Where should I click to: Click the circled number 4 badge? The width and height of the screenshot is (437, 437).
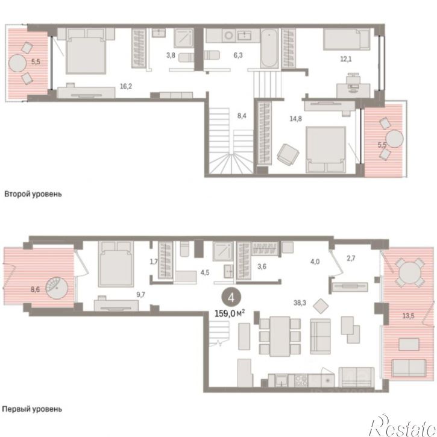[231, 298]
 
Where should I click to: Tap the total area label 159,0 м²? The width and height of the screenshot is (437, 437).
[230, 313]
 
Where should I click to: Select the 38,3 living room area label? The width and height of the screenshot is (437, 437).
[300, 303]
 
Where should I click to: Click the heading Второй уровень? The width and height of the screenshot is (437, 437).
[33, 194]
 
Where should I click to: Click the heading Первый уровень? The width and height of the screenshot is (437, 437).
[32, 409]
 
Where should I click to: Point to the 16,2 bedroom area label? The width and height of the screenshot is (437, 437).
[126, 86]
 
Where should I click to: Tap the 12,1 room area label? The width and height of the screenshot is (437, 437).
[346, 59]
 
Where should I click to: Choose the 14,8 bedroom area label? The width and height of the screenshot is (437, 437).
[295, 119]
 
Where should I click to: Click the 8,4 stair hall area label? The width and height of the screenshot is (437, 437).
[242, 116]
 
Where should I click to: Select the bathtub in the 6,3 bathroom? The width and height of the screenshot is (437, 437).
[269, 48]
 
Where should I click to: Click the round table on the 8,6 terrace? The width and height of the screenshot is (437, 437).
[57, 288]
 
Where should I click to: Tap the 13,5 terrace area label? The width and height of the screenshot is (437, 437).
[408, 316]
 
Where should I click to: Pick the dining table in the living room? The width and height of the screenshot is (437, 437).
[280, 336]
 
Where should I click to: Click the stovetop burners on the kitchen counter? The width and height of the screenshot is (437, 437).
[301, 381]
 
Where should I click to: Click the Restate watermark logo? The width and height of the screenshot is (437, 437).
[403, 426]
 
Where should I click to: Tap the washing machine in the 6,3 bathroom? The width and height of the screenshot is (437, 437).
[229, 36]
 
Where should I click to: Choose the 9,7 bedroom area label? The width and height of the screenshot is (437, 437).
[140, 295]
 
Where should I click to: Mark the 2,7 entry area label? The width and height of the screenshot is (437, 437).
[351, 259]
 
